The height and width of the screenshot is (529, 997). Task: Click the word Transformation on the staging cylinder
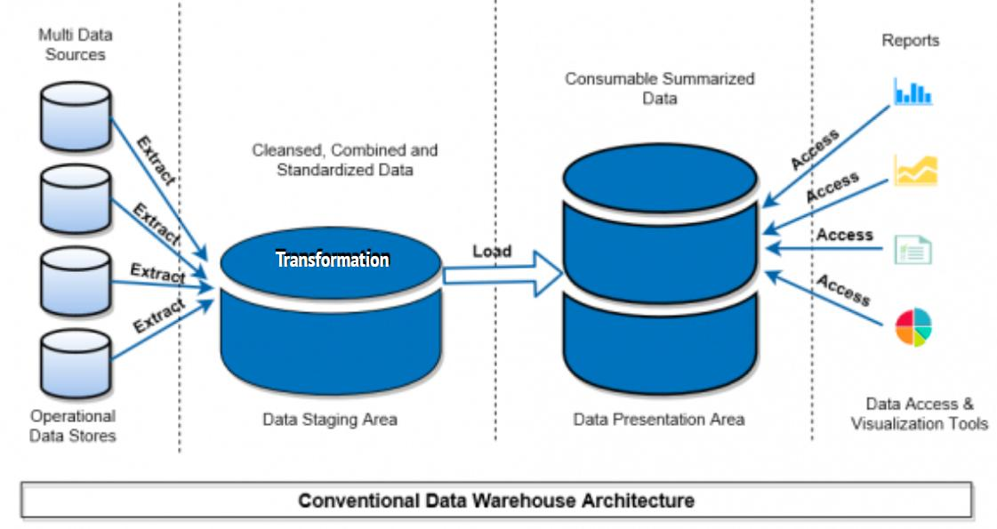[332, 260]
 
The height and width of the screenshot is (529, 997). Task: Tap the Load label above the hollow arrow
[491, 252]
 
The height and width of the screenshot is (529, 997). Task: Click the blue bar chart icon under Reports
[913, 92]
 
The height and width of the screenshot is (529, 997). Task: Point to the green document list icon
[913, 249]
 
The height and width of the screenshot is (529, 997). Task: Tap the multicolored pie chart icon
[913, 327]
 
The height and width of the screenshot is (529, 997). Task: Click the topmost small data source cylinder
[76, 116]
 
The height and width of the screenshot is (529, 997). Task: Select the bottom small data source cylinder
[76, 366]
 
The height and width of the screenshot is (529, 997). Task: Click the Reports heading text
[910, 41]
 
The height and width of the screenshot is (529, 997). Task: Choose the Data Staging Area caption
[329, 419]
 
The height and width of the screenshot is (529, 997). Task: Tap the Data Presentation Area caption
[659, 419]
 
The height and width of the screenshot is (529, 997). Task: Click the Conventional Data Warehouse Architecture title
[495, 501]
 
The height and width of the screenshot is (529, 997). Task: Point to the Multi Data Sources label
[71, 44]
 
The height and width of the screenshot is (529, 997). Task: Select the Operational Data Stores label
[73, 425]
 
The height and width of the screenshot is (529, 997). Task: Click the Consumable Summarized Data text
[660, 88]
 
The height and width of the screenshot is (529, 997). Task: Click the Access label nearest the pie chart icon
[842, 290]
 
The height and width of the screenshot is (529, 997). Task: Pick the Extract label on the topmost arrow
[156, 161]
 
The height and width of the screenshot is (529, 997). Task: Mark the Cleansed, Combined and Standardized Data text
[344, 160]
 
